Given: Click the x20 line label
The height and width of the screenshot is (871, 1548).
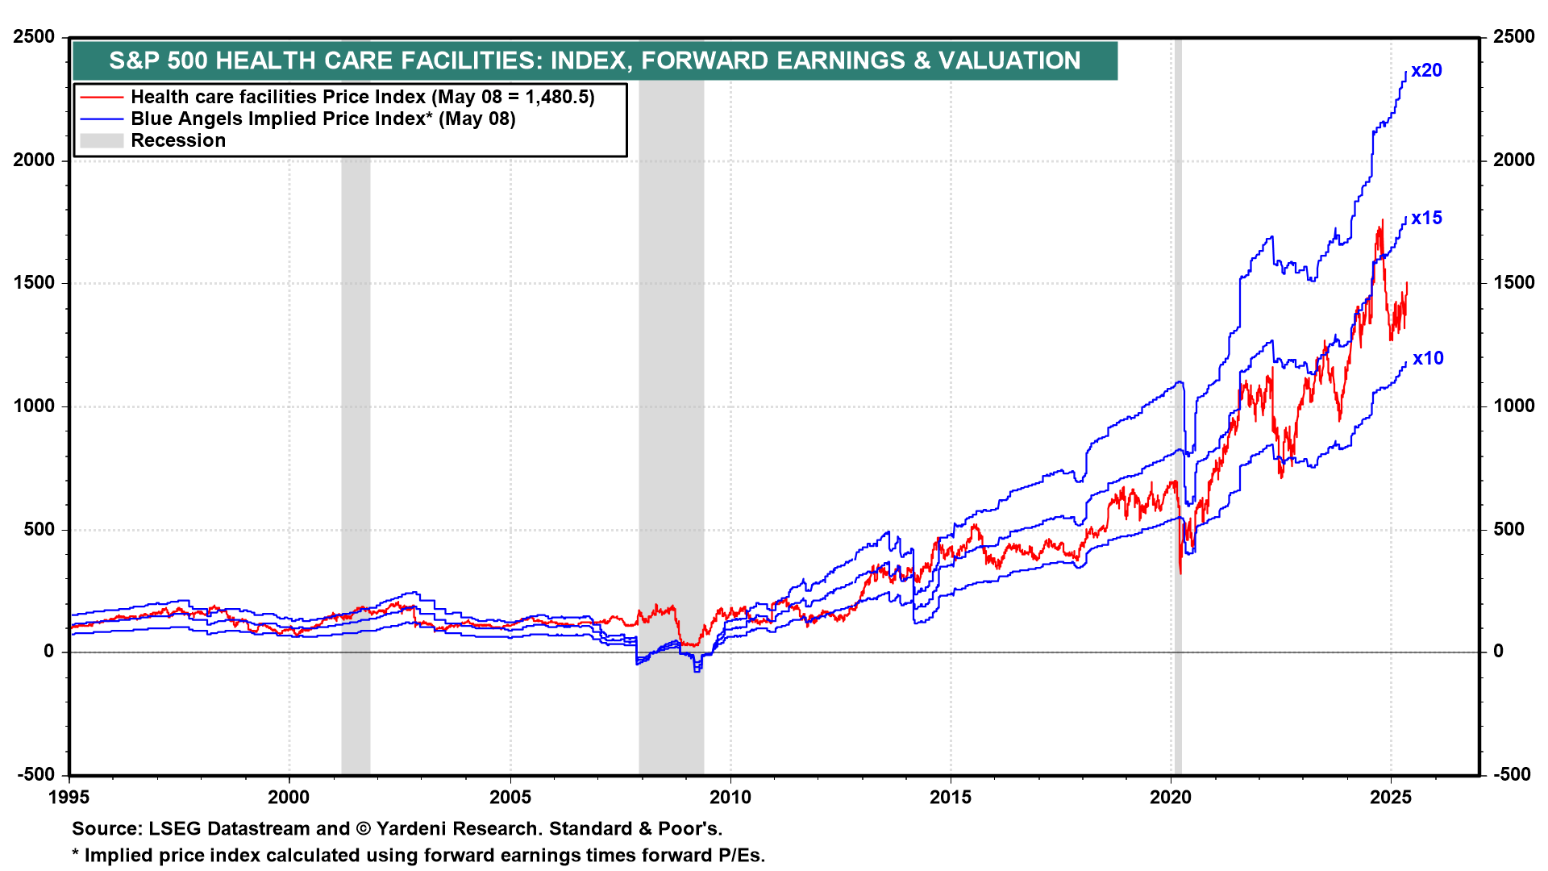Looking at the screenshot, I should (1425, 71).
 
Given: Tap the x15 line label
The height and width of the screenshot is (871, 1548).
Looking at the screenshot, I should (1425, 219).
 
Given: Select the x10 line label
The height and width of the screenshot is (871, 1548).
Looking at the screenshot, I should (1427, 359).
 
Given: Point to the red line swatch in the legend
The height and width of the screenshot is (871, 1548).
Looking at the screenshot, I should (102, 98).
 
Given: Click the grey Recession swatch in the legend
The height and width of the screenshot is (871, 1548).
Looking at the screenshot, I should (102, 141).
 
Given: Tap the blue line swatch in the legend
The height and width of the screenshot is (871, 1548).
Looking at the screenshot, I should (102, 119).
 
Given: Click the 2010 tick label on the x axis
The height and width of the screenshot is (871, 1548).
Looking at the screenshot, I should (730, 798).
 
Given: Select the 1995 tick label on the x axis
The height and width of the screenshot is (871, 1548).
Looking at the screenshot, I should (69, 798).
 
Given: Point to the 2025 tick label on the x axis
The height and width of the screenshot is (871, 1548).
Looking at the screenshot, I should (1391, 798).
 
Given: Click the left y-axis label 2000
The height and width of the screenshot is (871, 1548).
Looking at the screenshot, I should (34, 160).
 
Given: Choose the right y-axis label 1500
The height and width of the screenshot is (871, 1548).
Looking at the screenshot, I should (1513, 283).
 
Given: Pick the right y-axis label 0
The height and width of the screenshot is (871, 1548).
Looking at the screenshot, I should (1498, 652).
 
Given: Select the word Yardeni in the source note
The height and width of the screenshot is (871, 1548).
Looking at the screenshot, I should (411, 829).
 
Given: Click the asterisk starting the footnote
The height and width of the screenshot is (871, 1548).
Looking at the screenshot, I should (76, 855).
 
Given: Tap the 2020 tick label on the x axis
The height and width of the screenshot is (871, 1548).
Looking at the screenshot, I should (1171, 798).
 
